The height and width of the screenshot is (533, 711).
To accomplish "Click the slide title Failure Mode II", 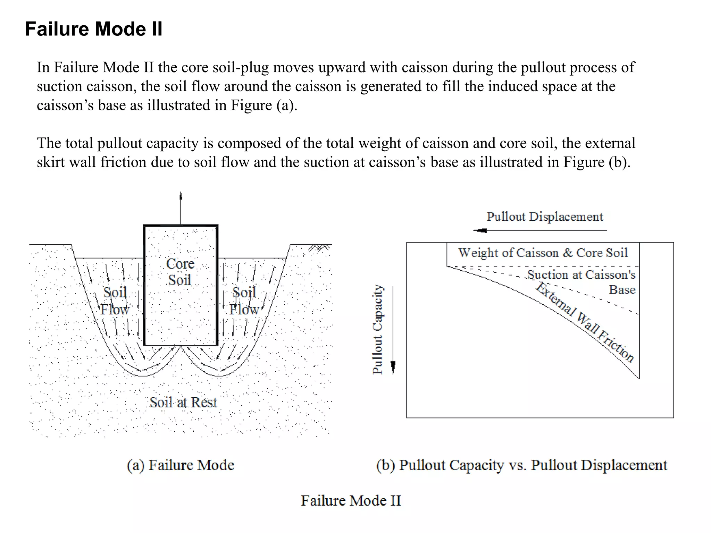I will coord(93,29).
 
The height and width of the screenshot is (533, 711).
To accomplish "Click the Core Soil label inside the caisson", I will coord(180,272).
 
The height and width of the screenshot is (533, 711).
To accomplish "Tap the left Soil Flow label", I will coord(115,301).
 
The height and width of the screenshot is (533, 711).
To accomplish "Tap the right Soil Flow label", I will coord(244,301).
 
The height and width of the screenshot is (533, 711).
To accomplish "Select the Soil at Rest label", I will coord(183,403).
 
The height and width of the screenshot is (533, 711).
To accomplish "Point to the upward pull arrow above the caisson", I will coord(181,208).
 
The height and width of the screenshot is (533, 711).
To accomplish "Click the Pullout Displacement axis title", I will coord(544,217).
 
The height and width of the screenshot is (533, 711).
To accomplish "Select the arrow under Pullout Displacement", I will coord(540,230).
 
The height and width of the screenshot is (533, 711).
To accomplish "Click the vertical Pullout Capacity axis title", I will coord(377,329).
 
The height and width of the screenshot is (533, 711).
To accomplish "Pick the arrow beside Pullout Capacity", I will coord(393,330).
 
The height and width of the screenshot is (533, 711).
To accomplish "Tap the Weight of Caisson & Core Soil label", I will coord(543,253).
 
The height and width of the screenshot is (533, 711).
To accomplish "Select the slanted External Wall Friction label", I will coord(585,322).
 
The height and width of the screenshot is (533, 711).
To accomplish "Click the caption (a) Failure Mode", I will coord(181,465).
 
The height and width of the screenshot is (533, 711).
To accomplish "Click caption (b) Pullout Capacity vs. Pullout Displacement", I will coord(521,465).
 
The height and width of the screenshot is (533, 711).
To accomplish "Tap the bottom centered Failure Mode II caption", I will coord(351,500).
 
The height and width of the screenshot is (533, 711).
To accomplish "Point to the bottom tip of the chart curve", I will coord(639,379).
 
